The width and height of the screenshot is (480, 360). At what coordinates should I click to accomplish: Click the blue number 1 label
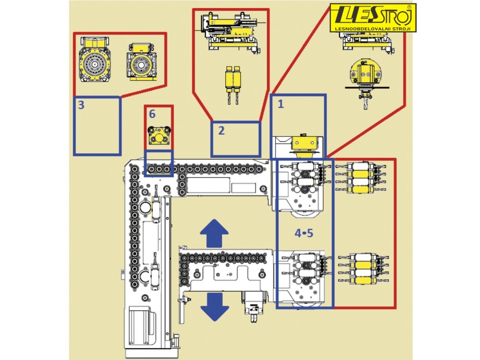pos(280,104)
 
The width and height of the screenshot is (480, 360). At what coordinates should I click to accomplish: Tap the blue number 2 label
pos(221,131)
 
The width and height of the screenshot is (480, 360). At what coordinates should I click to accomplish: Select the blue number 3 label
pos(81,105)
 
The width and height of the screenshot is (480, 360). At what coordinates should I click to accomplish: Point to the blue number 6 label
pos(152,114)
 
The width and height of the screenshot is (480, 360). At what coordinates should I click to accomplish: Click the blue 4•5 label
pos(304,233)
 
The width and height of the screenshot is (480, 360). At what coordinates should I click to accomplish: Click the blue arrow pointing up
pos(214,234)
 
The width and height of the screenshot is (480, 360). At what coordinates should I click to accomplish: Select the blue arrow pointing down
pos(214,307)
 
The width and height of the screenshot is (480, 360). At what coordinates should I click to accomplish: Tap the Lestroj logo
pos(373,18)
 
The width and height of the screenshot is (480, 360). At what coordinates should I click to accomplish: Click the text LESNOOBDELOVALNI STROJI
pos(373,29)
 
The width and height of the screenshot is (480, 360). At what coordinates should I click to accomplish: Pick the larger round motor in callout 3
pos(94,60)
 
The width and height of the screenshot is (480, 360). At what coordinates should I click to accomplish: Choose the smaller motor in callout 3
pos(142,62)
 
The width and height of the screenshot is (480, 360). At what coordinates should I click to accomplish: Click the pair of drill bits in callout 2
pos(233,85)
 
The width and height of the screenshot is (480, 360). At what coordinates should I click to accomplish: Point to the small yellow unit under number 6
pos(159,135)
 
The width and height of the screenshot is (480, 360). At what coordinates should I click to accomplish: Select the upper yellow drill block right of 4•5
pos(361,178)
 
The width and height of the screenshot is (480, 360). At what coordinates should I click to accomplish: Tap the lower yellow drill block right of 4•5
pos(363,269)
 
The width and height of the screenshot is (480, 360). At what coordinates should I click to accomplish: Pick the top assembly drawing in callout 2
pos(232,33)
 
